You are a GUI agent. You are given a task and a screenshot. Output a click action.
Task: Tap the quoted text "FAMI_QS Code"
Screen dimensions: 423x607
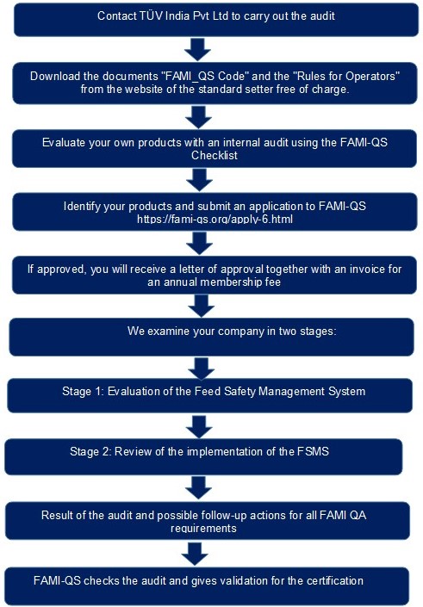tap(205, 76)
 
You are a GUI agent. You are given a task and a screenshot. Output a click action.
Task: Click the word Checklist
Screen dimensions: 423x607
tap(215, 156)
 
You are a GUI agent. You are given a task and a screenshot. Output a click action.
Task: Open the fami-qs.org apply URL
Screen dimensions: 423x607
tap(215, 219)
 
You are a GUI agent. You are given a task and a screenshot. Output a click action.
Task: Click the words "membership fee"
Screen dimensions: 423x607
tap(239, 282)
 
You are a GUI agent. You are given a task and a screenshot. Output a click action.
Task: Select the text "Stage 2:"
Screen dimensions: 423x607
tap(90, 451)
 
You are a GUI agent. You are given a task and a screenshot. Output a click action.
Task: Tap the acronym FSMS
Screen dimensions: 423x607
tap(313, 451)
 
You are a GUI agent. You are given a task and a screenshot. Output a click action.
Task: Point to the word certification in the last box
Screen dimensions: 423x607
tap(335, 580)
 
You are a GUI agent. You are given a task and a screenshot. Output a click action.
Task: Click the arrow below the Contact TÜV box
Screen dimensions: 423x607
tap(197, 49)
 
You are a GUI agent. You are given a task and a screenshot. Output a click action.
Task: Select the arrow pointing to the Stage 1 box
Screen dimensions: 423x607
tap(202, 369)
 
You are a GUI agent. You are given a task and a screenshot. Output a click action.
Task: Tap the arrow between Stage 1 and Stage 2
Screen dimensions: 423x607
tap(199, 427)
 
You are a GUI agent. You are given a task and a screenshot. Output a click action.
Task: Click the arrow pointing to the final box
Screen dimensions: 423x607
tap(195, 554)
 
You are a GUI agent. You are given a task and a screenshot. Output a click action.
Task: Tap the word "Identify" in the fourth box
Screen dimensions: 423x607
tap(80, 206)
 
